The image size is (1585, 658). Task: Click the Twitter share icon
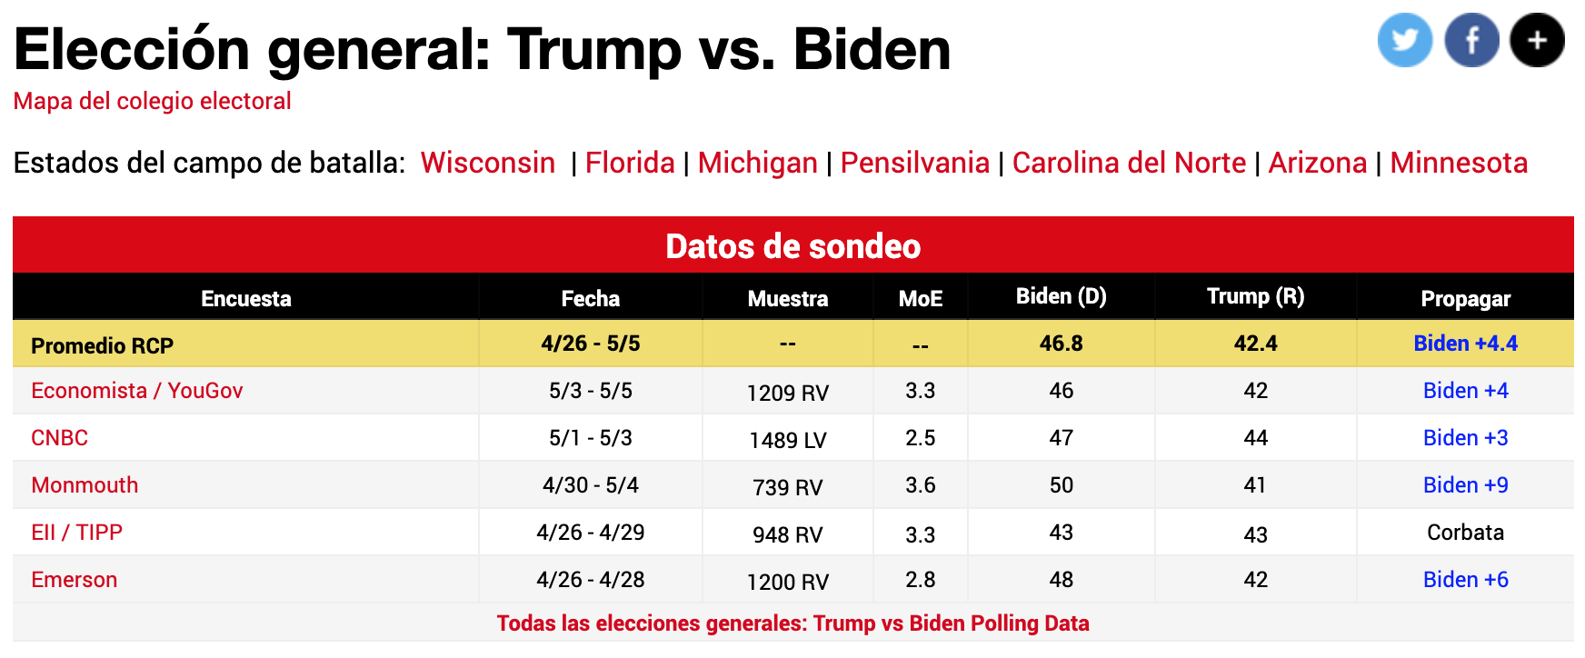(1404, 40)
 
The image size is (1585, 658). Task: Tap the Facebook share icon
(1471, 40)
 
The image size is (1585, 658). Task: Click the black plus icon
(1537, 40)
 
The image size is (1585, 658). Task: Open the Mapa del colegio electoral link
(152, 101)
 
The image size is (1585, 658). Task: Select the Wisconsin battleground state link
(487, 163)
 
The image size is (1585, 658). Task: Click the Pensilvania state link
(914, 163)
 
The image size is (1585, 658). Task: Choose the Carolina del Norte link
(1129, 163)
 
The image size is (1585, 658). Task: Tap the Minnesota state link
(1458, 163)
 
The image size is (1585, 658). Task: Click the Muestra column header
(787, 299)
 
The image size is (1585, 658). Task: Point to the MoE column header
(920, 299)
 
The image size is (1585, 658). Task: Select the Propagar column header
(1465, 299)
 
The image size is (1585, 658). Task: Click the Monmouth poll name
(85, 485)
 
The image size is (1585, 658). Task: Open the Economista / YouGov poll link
(136, 391)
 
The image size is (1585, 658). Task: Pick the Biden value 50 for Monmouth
(1061, 485)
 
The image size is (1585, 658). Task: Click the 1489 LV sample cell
(787, 440)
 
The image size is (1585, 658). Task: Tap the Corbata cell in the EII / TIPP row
(1465, 533)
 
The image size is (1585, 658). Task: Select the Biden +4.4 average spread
(1465, 344)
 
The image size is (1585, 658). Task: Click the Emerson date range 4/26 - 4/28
(590, 580)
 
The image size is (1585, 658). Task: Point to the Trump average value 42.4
(1255, 344)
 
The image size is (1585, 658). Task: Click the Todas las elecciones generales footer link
(792, 623)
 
